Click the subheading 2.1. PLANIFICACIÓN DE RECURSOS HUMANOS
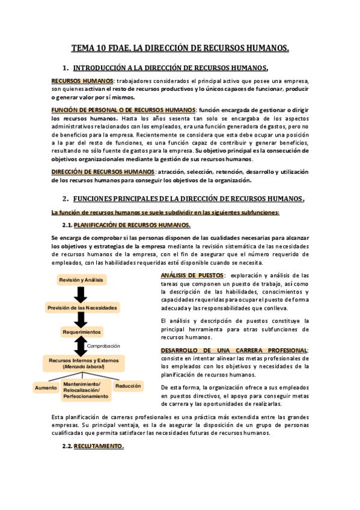(x=132, y=225)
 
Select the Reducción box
(x=129, y=386)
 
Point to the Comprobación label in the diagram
(x=104, y=346)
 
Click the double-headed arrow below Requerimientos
(x=79, y=346)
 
